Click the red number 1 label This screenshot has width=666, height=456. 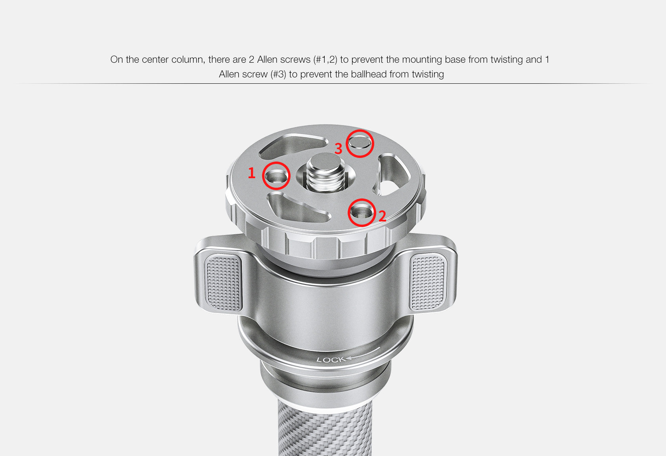click(x=251, y=173)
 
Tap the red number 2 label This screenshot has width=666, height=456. click(x=382, y=216)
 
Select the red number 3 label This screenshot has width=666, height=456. click(x=339, y=148)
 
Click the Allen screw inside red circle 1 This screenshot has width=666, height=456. click(x=276, y=177)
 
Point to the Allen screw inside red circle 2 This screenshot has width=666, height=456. click(x=361, y=213)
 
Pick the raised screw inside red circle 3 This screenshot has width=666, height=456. click(x=360, y=142)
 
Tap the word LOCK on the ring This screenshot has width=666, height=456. click(x=331, y=360)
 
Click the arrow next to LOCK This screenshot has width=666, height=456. click(x=363, y=353)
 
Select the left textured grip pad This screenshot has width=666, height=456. click(x=223, y=283)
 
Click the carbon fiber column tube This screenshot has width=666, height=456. click(x=325, y=429)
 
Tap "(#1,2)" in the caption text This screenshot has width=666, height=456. click(x=325, y=60)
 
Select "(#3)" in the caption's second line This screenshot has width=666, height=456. click(x=278, y=75)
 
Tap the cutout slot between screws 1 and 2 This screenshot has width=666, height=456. click(x=297, y=208)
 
